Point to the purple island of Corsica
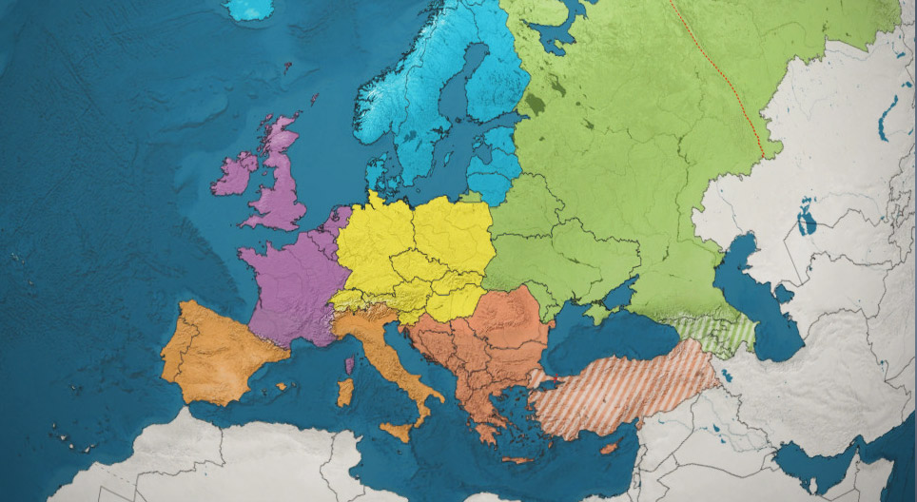[x=349, y=365]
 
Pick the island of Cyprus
[x=610, y=447]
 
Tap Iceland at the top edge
[x=249, y=9]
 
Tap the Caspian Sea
[x=761, y=304]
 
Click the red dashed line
[x=723, y=76]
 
